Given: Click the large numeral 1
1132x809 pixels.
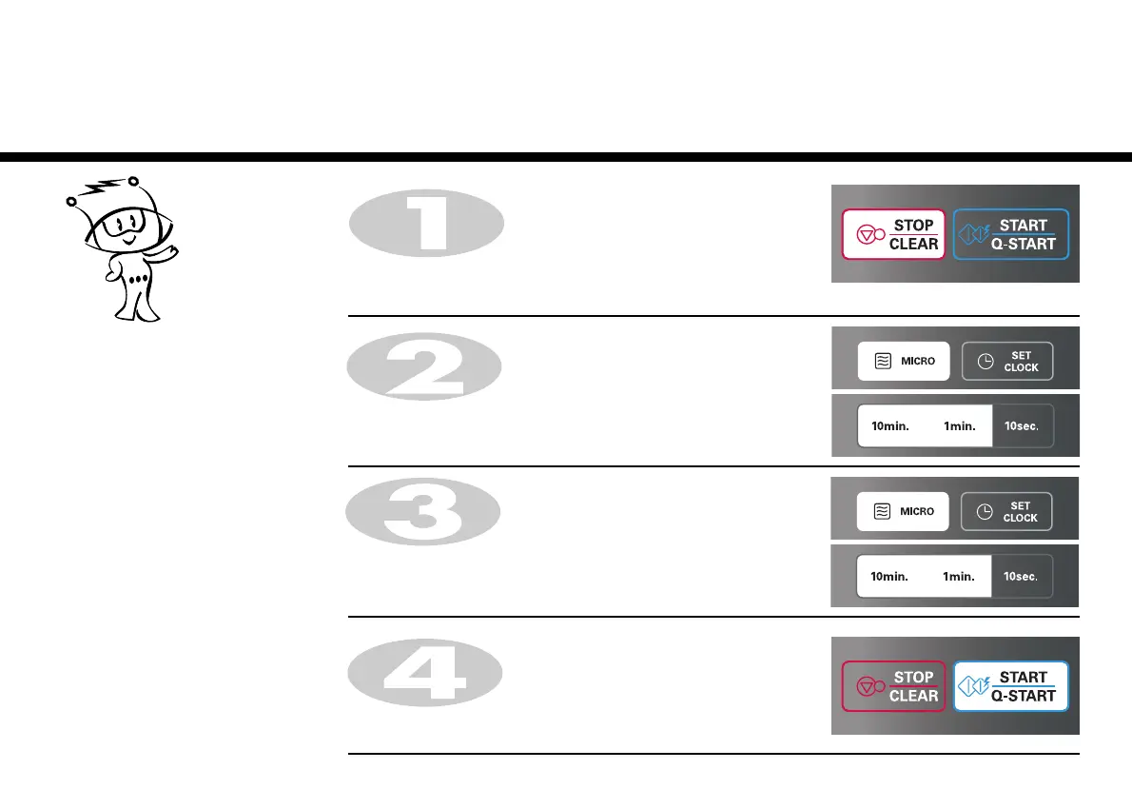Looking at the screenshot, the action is (x=424, y=224).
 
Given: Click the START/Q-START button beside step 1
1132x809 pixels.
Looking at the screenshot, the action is (x=1010, y=234).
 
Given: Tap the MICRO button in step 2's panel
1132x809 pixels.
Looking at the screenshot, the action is (x=904, y=362).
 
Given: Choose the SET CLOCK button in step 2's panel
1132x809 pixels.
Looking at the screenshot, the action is (x=1007, y=362).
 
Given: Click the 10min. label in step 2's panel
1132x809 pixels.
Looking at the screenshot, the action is (x=890, y=426).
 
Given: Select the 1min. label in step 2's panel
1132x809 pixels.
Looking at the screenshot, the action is (x=960, y=426).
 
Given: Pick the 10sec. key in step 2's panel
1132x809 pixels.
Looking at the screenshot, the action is (x=1022, y=426).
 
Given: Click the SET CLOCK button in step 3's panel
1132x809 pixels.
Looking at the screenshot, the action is (x=1007, y=512).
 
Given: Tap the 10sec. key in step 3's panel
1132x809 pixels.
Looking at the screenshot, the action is (x=1022, y=577).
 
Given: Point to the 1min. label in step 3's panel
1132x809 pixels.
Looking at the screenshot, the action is (x=960, y=577).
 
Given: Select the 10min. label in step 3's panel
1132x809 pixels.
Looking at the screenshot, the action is (x=890, y=577).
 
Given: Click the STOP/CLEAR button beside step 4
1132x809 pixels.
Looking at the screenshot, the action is (x=893, y=686).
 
